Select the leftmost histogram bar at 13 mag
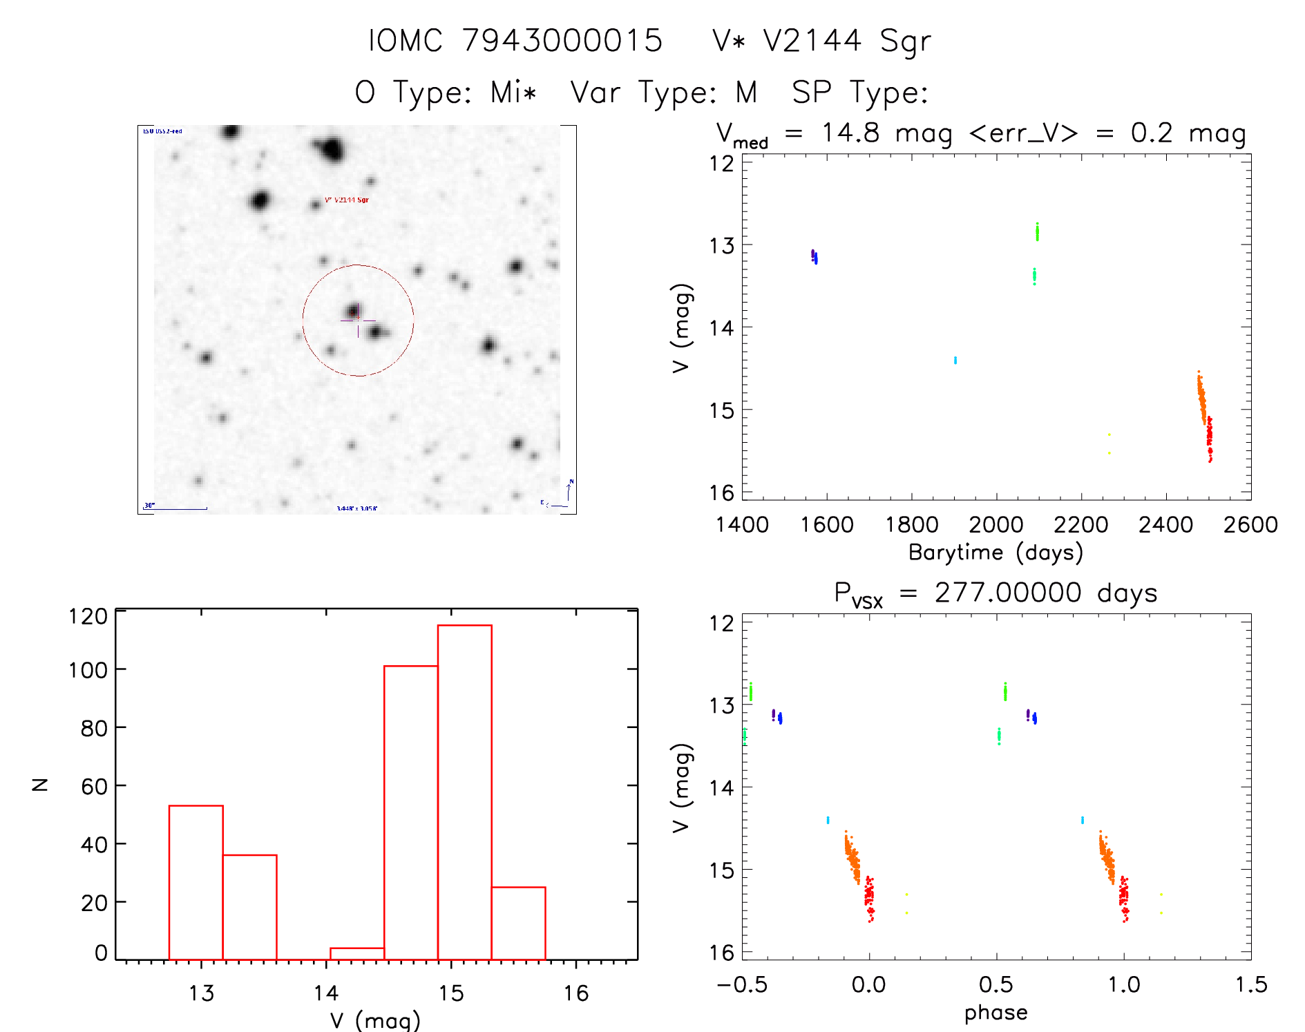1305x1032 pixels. click(196, 882)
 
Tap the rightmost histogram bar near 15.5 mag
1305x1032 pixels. click(518, 923)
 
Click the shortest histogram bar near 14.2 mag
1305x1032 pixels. click(356, 954)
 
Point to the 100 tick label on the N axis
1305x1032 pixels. click(88, 670)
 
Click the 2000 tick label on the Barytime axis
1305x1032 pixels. click(996, 525)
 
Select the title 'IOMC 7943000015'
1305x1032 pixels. click(515, 41)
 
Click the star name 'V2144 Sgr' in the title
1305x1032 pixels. click(847, 41)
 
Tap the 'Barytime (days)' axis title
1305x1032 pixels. click(996, 553)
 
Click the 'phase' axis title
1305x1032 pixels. click(996, 1013)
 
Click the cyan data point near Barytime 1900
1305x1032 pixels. click(955, 360)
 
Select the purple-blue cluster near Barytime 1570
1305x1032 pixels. click(815, 257)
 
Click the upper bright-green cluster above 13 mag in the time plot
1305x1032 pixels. click(1037, 232)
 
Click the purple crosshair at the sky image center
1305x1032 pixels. click(358, 321)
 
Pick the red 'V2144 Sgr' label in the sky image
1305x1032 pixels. click(347, 200)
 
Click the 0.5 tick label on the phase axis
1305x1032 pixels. click(996, 985)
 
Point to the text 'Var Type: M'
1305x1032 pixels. click(664, 93)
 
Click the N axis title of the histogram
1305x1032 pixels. click(40, 785)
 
